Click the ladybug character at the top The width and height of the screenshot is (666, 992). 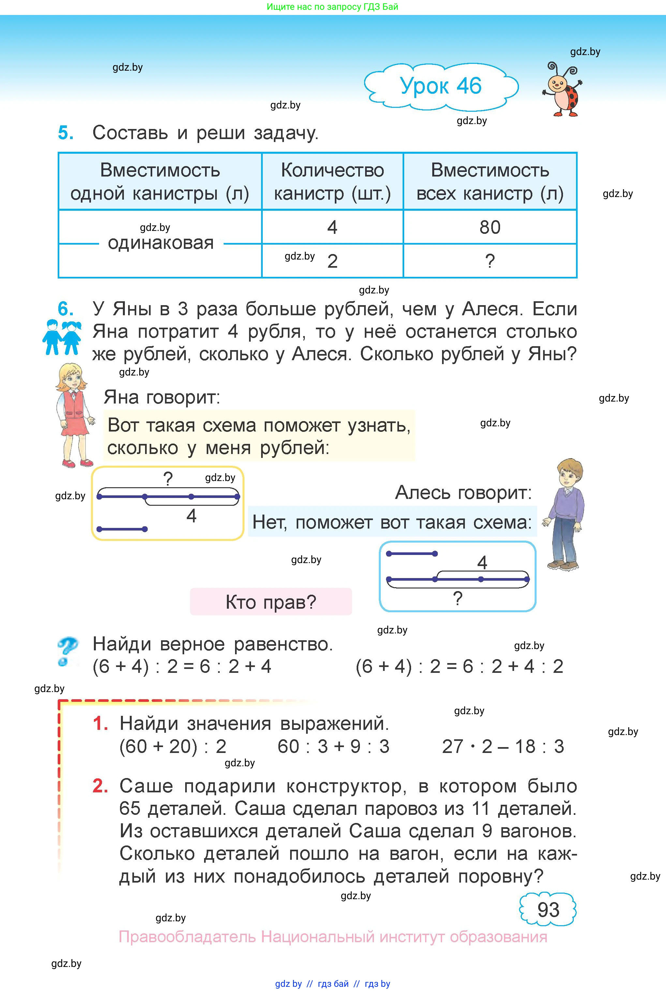click(x=563, y=90)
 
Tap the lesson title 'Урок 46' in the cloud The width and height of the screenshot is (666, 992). click(x=441, y=86)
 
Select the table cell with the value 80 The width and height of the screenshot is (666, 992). click(x=490, y=227)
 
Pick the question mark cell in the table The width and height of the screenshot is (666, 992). click(x=490, y=261)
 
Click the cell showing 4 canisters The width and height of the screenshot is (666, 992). click(x=332, y=227)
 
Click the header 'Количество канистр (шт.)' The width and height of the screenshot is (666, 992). click(x=332, y=182)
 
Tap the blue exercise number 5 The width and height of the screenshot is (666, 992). click(x=66, y=133)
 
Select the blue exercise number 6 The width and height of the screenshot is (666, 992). click(x=66, y=309)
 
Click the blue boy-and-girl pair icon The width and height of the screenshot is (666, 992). click(x=62, y=337)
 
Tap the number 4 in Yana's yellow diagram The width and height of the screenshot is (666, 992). click(x=192, y=516)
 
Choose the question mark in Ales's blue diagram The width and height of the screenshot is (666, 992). click(x=457, y=598)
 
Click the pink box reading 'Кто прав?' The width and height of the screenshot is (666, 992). click(x=271, y=602)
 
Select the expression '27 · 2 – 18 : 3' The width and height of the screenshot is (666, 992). click(x=503, y=746)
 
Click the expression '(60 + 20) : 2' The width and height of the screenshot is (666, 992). click(x=173, y=746)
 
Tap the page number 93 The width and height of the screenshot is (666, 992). click(x=548, y=909)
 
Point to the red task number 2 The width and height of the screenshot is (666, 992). click(x=100, y=786)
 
